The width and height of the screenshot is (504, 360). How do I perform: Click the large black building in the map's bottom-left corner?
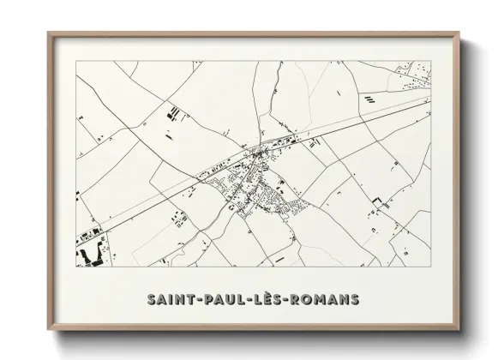click(x=89, y=255)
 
